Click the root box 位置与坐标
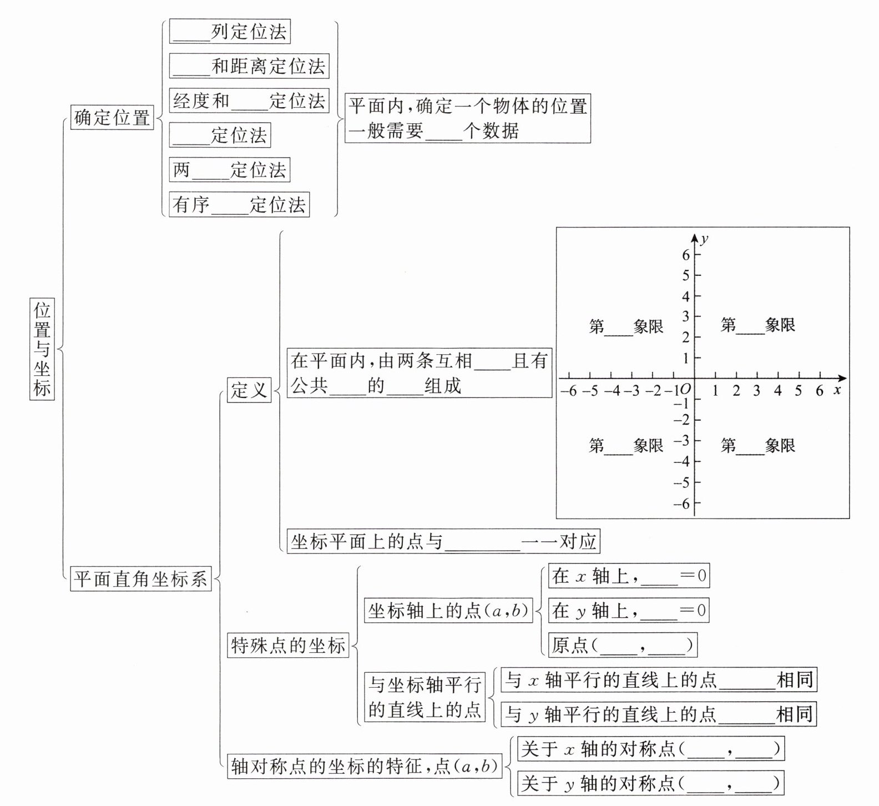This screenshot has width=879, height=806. point(42,349)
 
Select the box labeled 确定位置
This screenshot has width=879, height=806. point(112,117)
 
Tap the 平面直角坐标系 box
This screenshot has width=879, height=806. point(140,579)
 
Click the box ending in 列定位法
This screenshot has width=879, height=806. point(230,32)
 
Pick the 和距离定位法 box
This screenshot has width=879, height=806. point(249,67)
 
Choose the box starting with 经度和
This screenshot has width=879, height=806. point(249,101)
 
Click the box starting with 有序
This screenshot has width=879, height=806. point(239,205)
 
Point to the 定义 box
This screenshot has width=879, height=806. point(249,390)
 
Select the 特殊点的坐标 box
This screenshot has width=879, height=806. point(288,646)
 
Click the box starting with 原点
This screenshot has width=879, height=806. point(622,645)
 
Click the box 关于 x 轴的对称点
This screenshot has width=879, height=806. point(650,749)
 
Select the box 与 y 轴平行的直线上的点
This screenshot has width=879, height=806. point(659,714)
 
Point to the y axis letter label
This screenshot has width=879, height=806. point(704,239)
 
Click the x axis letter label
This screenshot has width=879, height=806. point(837,390)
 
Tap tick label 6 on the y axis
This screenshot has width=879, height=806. point(686,255)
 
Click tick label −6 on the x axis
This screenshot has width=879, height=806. point(568,391)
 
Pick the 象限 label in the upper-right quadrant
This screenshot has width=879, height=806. point(758,325)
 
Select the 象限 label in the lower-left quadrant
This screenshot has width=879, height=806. point(626,446)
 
